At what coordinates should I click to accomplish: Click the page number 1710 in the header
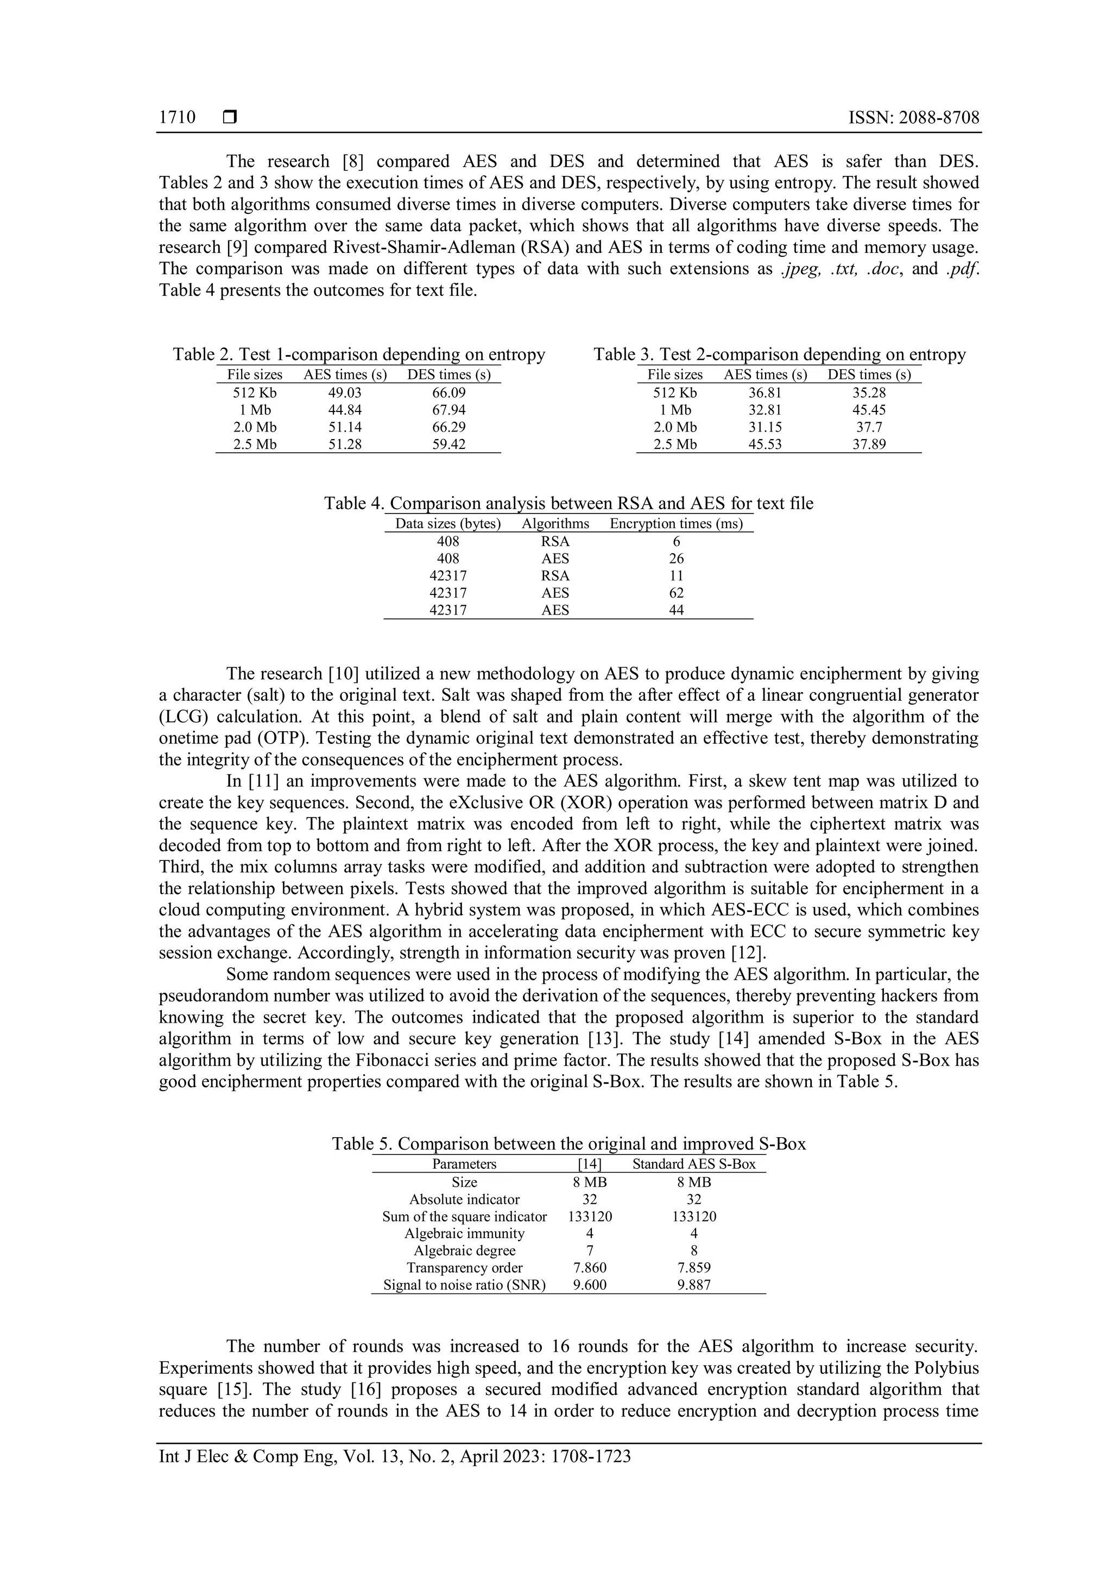(176, 118)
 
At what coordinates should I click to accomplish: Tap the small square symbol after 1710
(229, 118)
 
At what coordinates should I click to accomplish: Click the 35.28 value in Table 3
(868, 393)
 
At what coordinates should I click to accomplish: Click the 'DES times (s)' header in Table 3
(868, 375)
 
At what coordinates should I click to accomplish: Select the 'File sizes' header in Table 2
(255, 375)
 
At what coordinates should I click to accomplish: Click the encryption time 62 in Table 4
(676, 593)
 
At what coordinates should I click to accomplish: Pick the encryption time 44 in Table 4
(676, 610)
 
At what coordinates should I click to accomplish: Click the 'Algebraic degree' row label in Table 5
(464, 1250)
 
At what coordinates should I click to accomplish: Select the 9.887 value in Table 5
(693, 1284)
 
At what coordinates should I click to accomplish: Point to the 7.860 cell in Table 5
(590, 1267)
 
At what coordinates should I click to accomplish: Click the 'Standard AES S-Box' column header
(693, 1164)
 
